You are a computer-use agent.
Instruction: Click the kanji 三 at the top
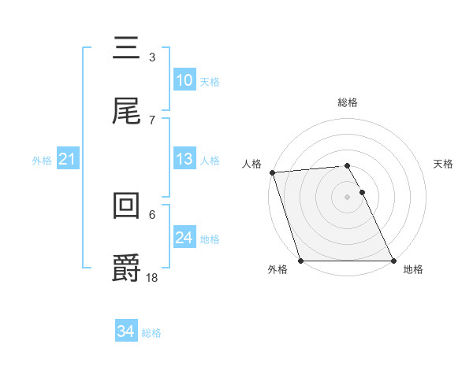point(126,49)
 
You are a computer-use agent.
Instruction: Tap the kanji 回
point(126,205)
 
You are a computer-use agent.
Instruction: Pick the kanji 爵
point(126,268)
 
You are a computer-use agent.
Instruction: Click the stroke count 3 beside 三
point(151,57)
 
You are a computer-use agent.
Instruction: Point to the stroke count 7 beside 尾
point(151,120)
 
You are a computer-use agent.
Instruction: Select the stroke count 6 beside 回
point(151,213)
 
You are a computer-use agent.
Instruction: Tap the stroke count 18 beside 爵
point(152,276)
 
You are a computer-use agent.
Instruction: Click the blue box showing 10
point(184,80)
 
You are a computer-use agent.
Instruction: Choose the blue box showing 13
point(184,159)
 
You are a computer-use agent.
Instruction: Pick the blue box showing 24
point(184,238)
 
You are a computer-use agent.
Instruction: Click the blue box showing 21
point(67,160)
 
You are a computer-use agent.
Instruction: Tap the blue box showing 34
point(126,332)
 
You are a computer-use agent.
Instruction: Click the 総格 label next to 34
point(151,333)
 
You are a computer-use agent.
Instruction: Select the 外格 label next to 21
point(42,161)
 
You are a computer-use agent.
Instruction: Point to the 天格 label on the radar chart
point(444,164)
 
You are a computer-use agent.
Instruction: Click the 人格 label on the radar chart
point(252,164)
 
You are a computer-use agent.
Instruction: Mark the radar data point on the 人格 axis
point(272,172)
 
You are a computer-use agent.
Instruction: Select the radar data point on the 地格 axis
point(393,261)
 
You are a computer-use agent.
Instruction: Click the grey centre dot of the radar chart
point(348,197)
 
